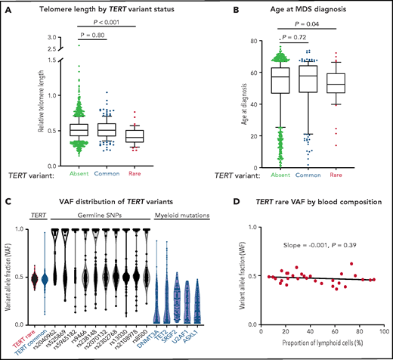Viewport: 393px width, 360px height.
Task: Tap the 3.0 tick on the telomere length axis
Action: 45,36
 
